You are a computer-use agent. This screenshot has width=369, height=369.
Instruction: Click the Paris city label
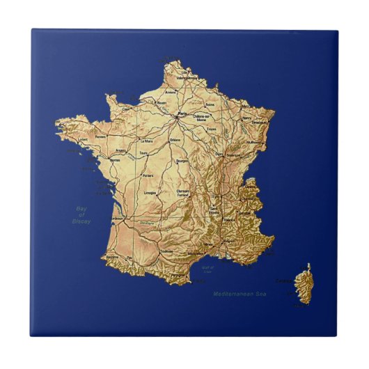[x=183, y=113]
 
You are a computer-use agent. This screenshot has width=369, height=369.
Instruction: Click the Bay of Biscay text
[x=81, y=214]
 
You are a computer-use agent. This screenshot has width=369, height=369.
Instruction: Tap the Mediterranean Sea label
[x=240, y=295]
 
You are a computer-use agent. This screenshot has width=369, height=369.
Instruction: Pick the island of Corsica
[x=303, y=282]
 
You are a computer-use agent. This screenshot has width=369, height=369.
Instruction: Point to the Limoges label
[x=149, y=191]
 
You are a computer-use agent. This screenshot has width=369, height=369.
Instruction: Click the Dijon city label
[x=219, y=154]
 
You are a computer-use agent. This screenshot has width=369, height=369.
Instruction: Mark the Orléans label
[x=175, y=139]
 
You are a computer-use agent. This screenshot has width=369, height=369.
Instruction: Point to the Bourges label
[x=182, y=161]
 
